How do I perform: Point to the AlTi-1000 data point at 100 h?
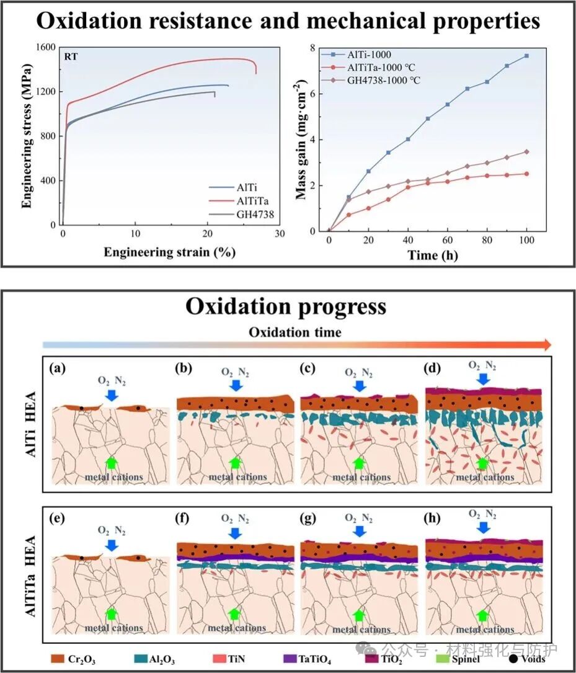526,56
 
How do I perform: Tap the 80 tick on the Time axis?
487,240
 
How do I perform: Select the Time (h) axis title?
432,255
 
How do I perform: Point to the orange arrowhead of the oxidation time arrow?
546,345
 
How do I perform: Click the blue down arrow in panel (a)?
112,394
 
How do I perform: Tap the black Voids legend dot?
512,659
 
